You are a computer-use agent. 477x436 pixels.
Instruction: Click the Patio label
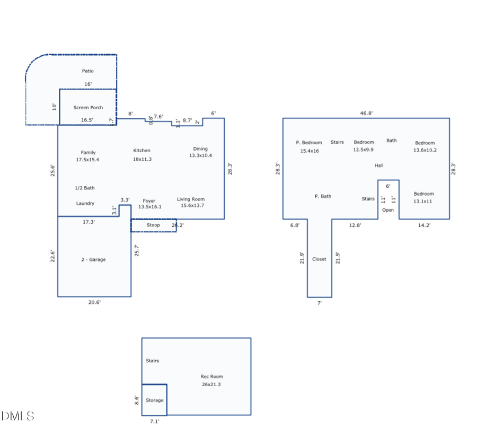pyautogui.click(x=87, y=71)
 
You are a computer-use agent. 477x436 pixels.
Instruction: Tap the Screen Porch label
pyautogui.click(x=88, y=108)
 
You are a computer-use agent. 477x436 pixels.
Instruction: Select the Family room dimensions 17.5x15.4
pyautogui.click(x=88, y=160)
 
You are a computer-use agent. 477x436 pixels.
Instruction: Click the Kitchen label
pyautogui.click(x=142, y=151)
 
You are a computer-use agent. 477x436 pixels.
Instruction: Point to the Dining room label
pyautogui.click(x=200, y=149)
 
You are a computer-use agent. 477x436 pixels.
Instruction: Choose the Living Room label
pyautogui.click(x=191, y=199)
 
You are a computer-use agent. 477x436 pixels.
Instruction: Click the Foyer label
pyautogui.click(x=149, y=201)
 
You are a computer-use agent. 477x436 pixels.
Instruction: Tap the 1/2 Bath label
pyautogui.click(x=85, y=188)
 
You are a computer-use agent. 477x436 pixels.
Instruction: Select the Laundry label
pyautogui.click(x=85, y=203)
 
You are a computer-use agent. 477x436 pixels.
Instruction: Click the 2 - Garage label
pyautogui.click(x=93, y=259)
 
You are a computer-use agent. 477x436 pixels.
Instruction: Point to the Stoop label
pyautogui.click(x=153, y=225)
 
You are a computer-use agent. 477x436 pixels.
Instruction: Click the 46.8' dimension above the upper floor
pyautogui.click(x=366, y=114)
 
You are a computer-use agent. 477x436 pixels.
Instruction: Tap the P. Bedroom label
pyautogui.click(x=309, y=143)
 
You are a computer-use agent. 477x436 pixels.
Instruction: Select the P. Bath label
pyautogui.click(x=323, y=196)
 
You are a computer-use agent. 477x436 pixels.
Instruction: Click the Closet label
pyautogui.click(x=319, y=259)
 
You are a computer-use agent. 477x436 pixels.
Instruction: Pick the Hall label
pyautogui.click(x=379, y=165)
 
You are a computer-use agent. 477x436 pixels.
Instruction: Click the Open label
pyautogui.click(x=388, y=210)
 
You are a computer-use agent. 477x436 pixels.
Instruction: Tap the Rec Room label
pyautogui.click(x=211, y=377)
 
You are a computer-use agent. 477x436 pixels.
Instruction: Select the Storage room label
pyautogui.click(x=154, y=400)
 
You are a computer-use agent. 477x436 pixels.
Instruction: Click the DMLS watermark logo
pyautogui.click(x=17, y=416)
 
